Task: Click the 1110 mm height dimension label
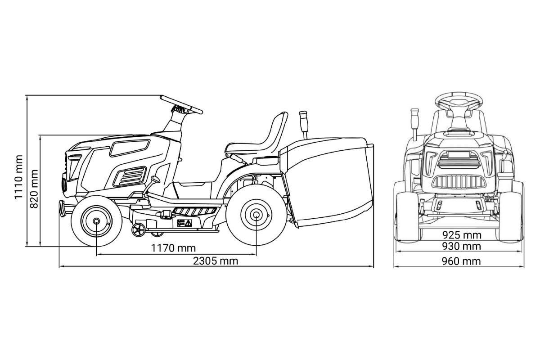18,177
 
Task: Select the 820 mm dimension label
34,189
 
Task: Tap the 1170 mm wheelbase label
173,248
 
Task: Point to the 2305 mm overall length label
216,261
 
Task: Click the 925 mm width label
462,235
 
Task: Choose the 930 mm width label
461,247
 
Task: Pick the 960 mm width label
461,261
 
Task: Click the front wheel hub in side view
96,221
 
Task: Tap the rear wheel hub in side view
256,215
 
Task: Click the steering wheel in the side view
181,105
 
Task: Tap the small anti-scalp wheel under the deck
139,230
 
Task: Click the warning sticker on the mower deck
184,223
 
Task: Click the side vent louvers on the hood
130,176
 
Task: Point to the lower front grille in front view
459,181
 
